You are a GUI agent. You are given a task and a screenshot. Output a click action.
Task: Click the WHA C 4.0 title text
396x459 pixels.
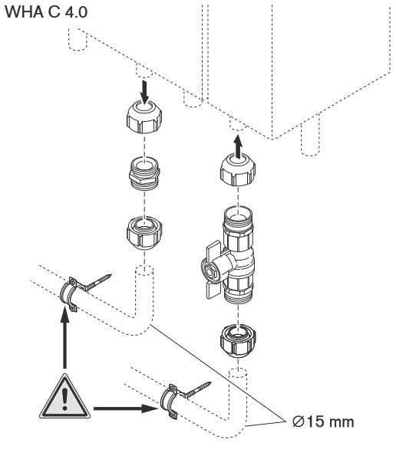46,12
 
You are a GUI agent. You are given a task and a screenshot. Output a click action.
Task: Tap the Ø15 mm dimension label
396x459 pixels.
323,421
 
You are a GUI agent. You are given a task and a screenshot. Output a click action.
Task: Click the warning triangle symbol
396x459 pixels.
64,397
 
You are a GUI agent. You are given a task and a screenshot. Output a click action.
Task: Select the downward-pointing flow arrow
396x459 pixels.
144,92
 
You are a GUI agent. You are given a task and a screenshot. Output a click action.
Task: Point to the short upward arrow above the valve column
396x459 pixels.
238,146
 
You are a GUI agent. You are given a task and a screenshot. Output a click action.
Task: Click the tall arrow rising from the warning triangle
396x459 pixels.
64,336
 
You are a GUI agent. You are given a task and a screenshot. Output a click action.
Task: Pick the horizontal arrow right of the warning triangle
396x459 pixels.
127,408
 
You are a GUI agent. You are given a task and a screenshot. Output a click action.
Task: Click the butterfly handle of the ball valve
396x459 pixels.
213,269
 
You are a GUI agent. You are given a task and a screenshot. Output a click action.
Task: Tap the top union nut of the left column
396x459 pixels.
144,116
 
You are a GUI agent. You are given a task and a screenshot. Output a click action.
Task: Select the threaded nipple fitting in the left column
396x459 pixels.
144,173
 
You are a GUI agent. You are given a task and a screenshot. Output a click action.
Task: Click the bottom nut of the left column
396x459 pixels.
144,233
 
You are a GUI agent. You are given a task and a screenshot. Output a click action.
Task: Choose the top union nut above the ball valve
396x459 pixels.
238,171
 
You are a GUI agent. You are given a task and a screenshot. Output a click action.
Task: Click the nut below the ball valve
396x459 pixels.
238,340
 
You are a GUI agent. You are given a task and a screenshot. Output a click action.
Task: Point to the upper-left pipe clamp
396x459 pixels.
70,293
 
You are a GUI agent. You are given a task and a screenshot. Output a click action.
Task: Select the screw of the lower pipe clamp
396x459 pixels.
197,389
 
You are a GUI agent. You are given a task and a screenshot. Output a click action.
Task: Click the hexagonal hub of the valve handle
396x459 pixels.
210,271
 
